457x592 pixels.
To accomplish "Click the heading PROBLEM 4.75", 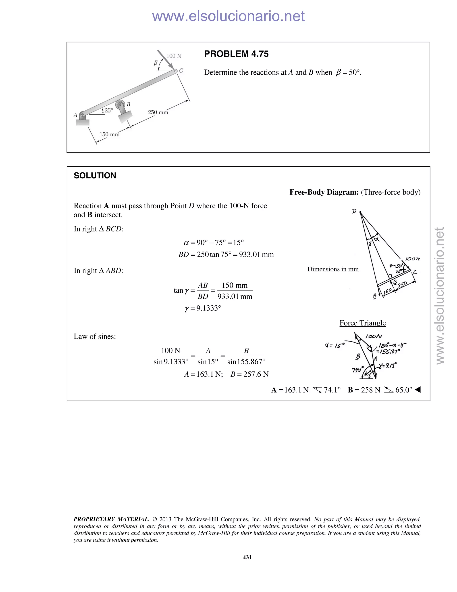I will pyautogui.click(x=236, y=54).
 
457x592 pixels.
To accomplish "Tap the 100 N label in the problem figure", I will pyautogui.click(x=174, y=56).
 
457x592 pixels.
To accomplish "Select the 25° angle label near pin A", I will pyautogui.click(x=109, y=110).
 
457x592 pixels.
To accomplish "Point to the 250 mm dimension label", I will pyautogui.click(x=158, y=112).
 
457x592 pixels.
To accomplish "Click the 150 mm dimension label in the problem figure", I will pyautogui.click(x=109, y=134).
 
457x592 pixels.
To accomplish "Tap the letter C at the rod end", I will pyautogui.click(x=181, y=70).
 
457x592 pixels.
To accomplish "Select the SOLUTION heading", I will pyautogui.click(x=95, y=175).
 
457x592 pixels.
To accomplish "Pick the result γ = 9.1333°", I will pyautogui.click(x=203, y=308).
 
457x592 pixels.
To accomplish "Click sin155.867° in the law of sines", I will pyautogui.click(x=246, y=362).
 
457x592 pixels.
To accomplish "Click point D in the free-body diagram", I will pyautogui.click(x=360, y=212).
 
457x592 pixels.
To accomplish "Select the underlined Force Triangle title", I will pyautogui.click(x=363, y=323).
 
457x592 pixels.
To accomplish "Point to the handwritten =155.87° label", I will pyautogui.click(x=388, y=352).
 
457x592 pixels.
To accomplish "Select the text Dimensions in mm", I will pyautogui.click(x=333, y=269).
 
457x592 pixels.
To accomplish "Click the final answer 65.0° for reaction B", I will pyautogui.click(x=403, y=390).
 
